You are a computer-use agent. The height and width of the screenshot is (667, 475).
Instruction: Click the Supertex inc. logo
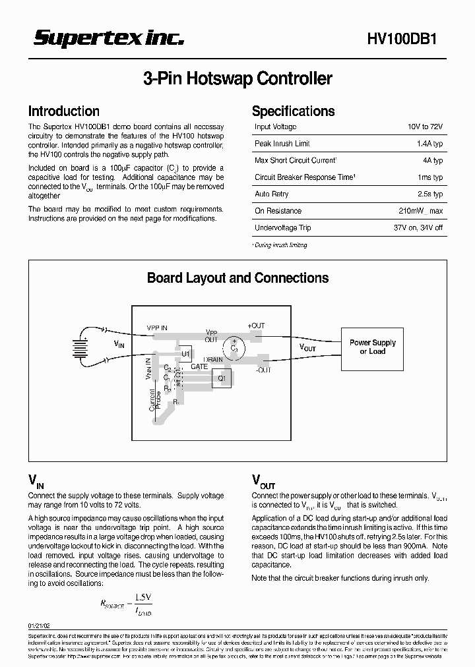point(109,39)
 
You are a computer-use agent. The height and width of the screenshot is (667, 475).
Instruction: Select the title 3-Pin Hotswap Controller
point(237,79)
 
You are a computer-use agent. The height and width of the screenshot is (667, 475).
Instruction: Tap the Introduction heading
point(64,111)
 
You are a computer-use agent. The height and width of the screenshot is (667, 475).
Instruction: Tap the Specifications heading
point(293,111)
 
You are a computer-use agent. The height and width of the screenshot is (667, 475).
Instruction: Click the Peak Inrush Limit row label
point(282,144)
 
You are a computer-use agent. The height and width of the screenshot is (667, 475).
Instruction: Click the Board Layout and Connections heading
point(237,278)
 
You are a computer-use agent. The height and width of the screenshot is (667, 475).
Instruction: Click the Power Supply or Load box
point(372,347)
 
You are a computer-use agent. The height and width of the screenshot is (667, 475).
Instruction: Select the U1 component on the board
point(185,354)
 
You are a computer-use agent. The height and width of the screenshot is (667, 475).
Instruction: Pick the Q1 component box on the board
point(222,379)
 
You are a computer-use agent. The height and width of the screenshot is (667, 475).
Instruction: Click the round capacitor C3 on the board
point(234,347)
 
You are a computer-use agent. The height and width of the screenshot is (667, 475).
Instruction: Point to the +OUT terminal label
point(256,326)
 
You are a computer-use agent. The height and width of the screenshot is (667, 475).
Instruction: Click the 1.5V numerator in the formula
point(143,597)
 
